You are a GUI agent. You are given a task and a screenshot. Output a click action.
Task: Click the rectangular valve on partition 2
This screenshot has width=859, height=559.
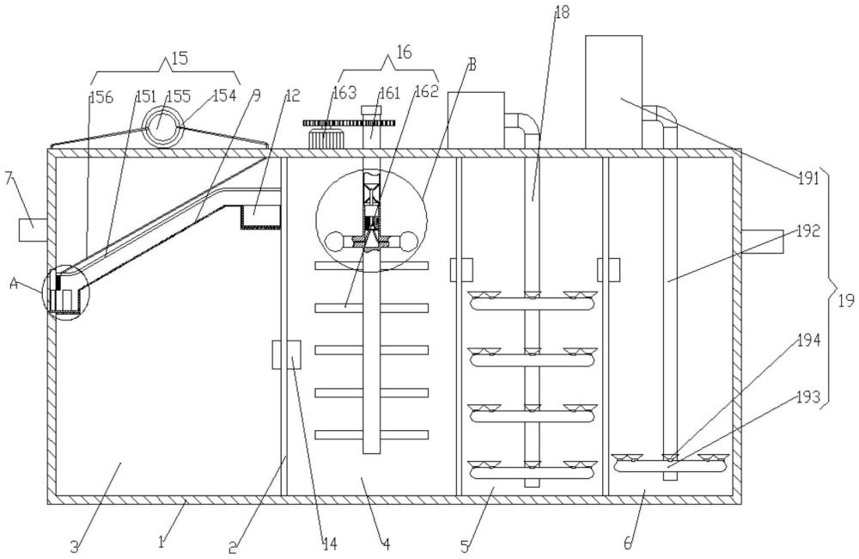(285, 354)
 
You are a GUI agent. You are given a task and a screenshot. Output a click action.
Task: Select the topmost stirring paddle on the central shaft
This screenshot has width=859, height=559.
(371, 265)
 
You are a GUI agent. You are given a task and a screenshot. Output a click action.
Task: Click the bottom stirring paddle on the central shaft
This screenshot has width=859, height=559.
(371, 435)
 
